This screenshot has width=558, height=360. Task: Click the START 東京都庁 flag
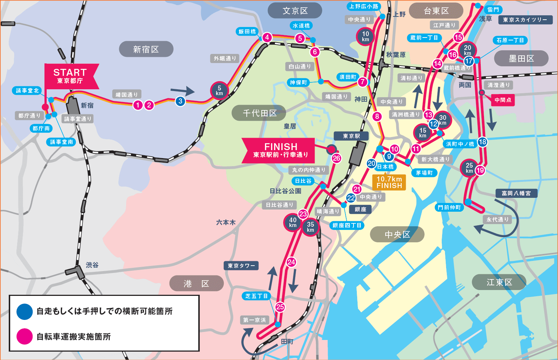(x=70, y=76)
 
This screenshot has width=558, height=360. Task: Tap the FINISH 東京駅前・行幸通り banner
(x=280, y=150)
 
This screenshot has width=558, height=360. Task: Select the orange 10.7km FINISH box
(x=389, y=182)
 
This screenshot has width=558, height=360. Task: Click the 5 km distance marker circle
(x=219, y=90)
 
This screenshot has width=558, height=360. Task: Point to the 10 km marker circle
(x=366, y=36)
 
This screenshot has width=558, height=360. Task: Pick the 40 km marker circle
(x=293, y=222)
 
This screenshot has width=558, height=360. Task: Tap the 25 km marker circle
(x=469, y=168)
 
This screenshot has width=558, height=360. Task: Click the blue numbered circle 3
(x=180, y=101)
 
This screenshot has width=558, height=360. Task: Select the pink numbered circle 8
(x=377, y=117)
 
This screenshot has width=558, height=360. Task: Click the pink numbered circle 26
(x=336, y=158)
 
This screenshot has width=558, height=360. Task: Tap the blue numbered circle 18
(x=482, y=142)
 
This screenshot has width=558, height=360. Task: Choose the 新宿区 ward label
(x=146, y=49)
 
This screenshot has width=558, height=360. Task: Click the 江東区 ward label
(x=499, y=282)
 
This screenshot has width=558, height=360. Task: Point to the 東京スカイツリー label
(x=525, y=20)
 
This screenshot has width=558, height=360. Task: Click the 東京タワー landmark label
(x=241, y=266)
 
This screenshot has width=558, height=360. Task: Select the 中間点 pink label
(x=503, y=100)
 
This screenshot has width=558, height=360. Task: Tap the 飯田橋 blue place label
(x=247, y=32)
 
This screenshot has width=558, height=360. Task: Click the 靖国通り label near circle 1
(x=126, y=95)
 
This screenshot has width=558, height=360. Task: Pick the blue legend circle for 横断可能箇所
(x=25, y=312)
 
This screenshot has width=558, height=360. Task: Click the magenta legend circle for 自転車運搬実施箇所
(x=25, y=336)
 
